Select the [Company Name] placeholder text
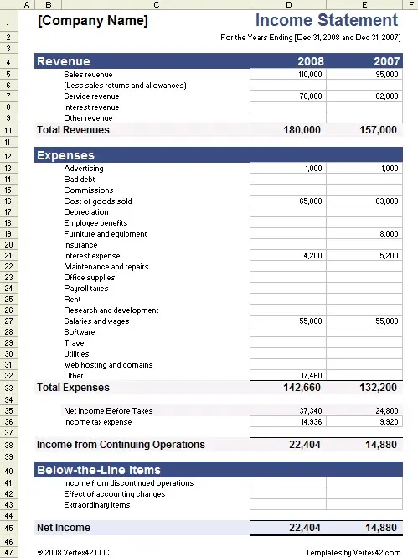coord(92,21)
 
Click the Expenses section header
coord(66,156)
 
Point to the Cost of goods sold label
coord(98,201)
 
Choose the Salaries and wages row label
coord(96,321)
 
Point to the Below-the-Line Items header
coord(99,470)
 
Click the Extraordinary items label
coord(97,505)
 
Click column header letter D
coord(287,5)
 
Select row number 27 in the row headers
coord(9,321)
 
